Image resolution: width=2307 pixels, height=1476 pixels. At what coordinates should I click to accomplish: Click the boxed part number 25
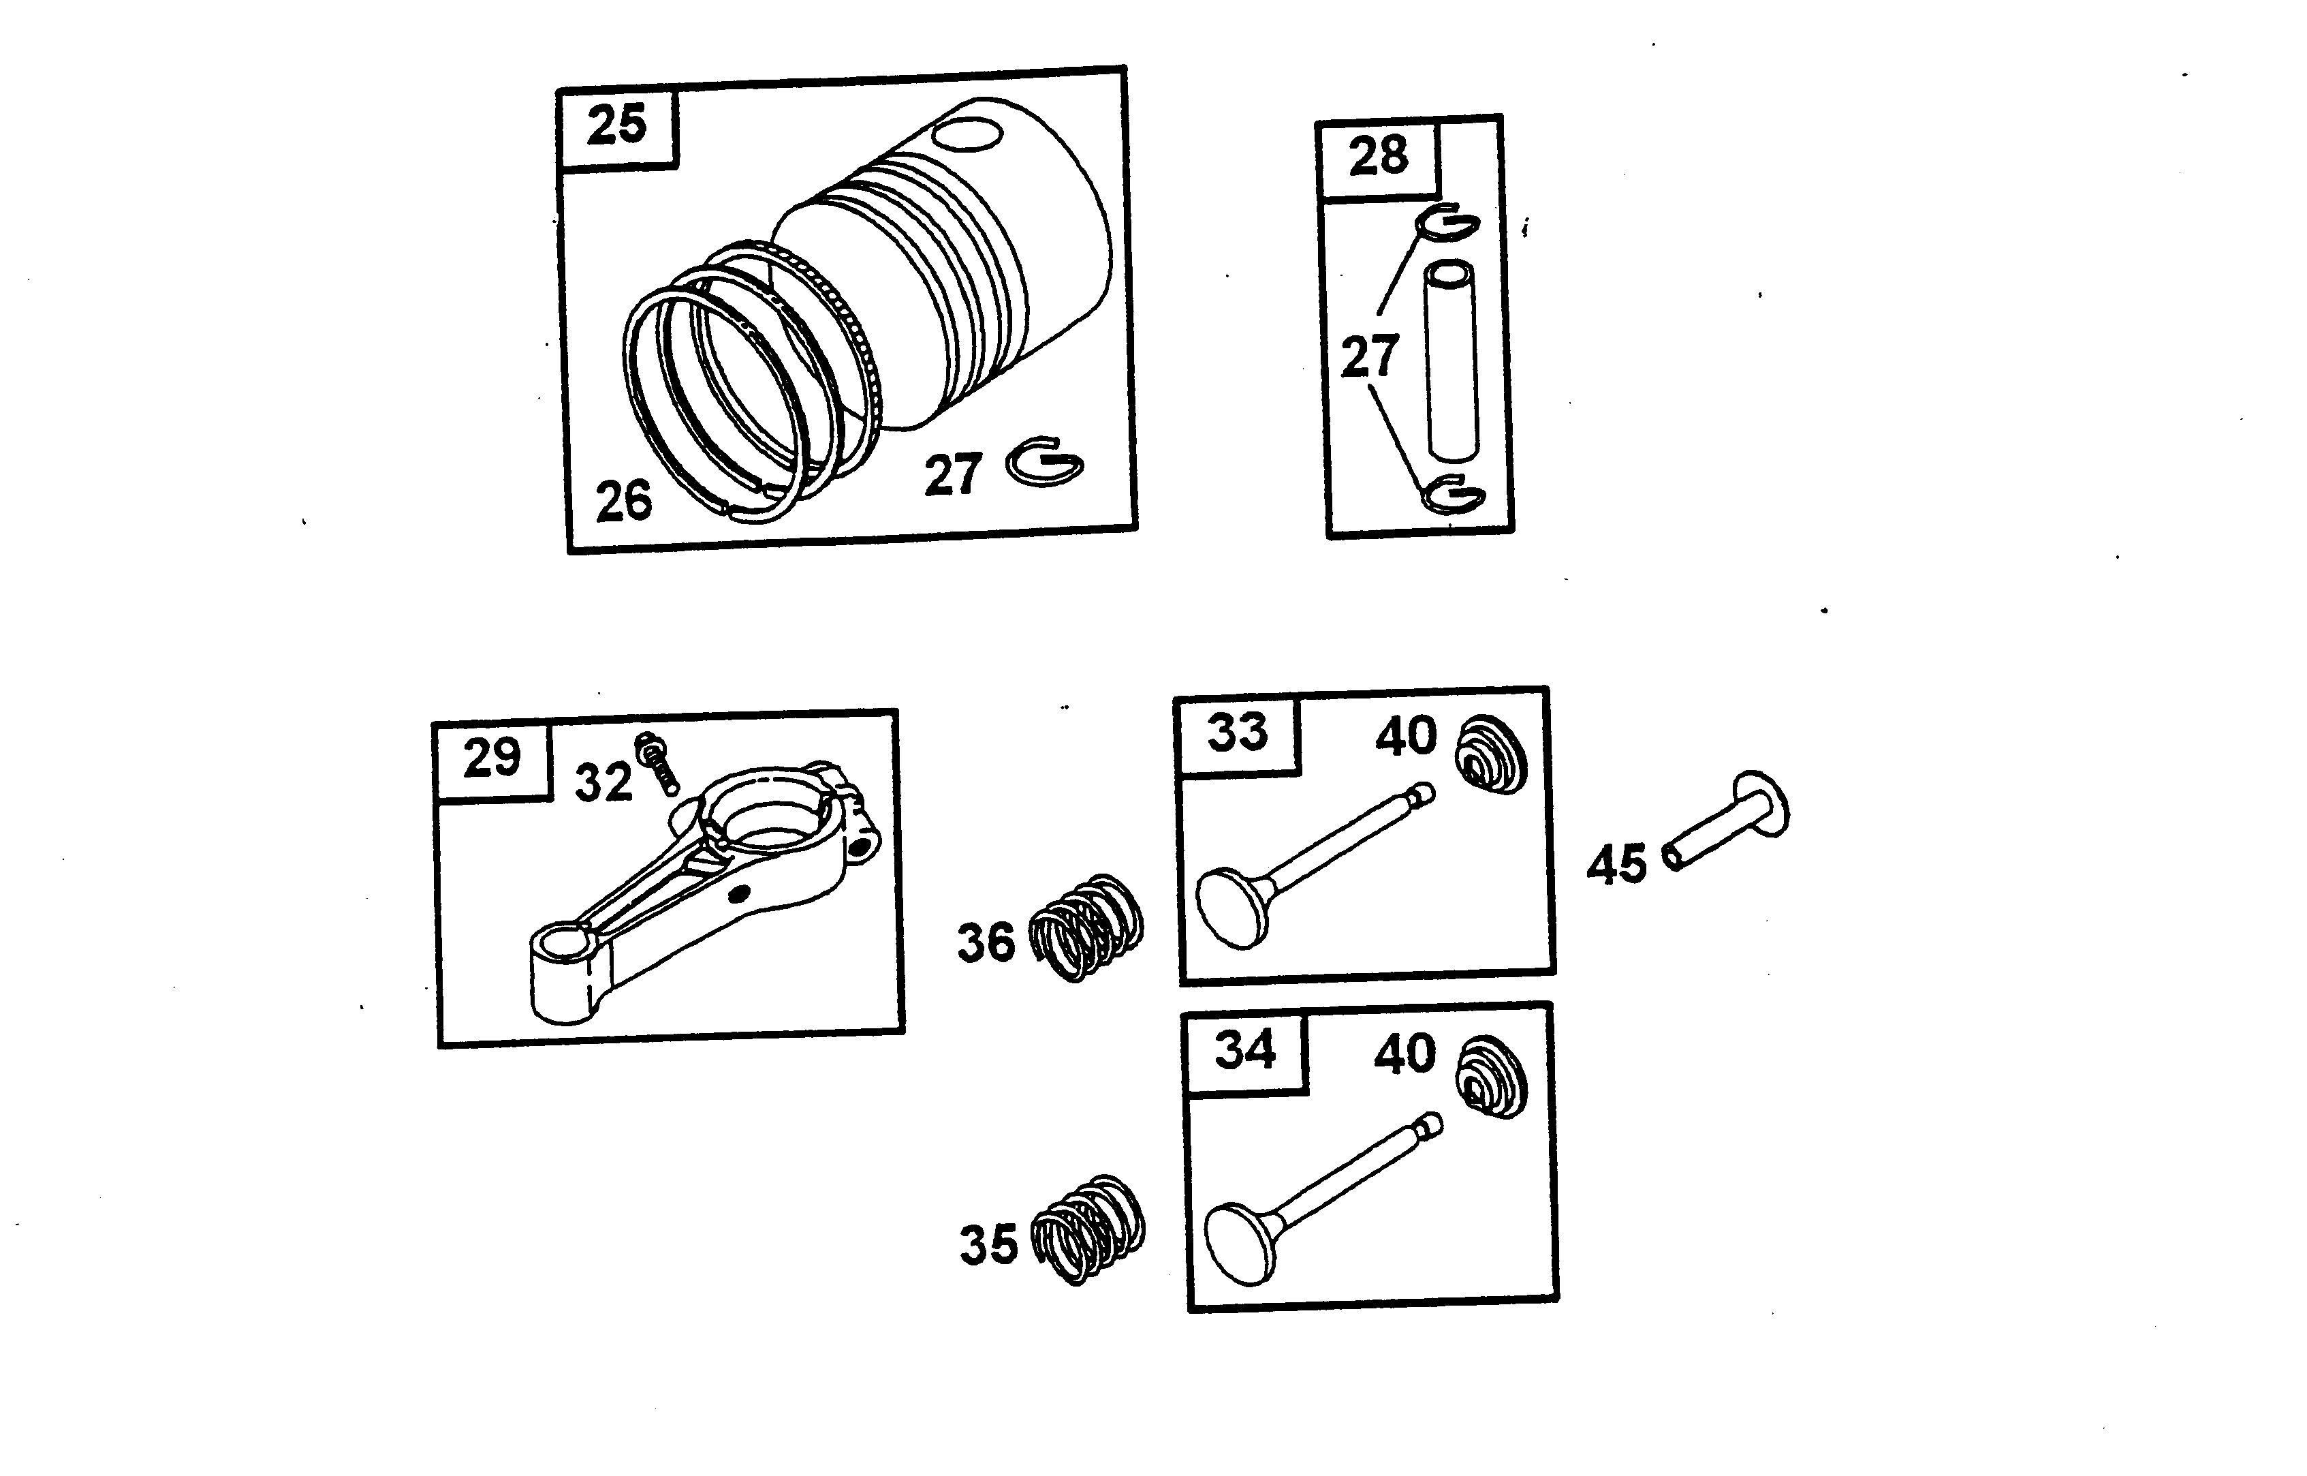point(617,125)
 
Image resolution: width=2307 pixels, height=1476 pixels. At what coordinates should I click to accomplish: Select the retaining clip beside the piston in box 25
point(1044,462)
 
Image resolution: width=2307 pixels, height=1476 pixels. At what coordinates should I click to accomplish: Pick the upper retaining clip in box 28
point(1447,222)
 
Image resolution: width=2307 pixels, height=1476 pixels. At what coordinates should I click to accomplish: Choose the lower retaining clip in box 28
point(1452,495)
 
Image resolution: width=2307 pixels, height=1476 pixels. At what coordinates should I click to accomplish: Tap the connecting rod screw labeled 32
point(657,763)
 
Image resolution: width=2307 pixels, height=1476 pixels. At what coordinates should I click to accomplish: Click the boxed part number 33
point(1237,733)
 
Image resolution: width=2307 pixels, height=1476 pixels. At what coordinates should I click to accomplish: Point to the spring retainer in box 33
point(1491,755)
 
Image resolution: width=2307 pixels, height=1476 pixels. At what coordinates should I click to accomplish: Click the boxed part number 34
point(1244,1051)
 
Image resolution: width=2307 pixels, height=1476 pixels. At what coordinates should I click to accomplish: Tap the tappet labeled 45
point(1725,820)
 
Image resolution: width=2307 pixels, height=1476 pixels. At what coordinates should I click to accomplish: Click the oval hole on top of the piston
point(967,134)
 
